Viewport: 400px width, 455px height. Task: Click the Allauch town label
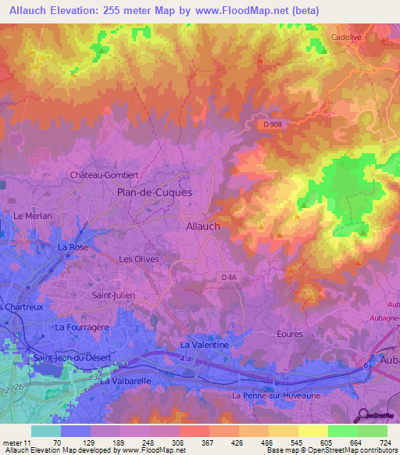(204, 225)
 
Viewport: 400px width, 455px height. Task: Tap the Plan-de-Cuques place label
(154, 192)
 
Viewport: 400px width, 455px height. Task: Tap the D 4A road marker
(229, 277)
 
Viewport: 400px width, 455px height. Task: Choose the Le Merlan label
(33, 215)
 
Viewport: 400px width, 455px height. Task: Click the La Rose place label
(73, 246)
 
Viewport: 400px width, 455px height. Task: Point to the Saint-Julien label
(113, 295)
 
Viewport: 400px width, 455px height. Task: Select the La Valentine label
(205, 344)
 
